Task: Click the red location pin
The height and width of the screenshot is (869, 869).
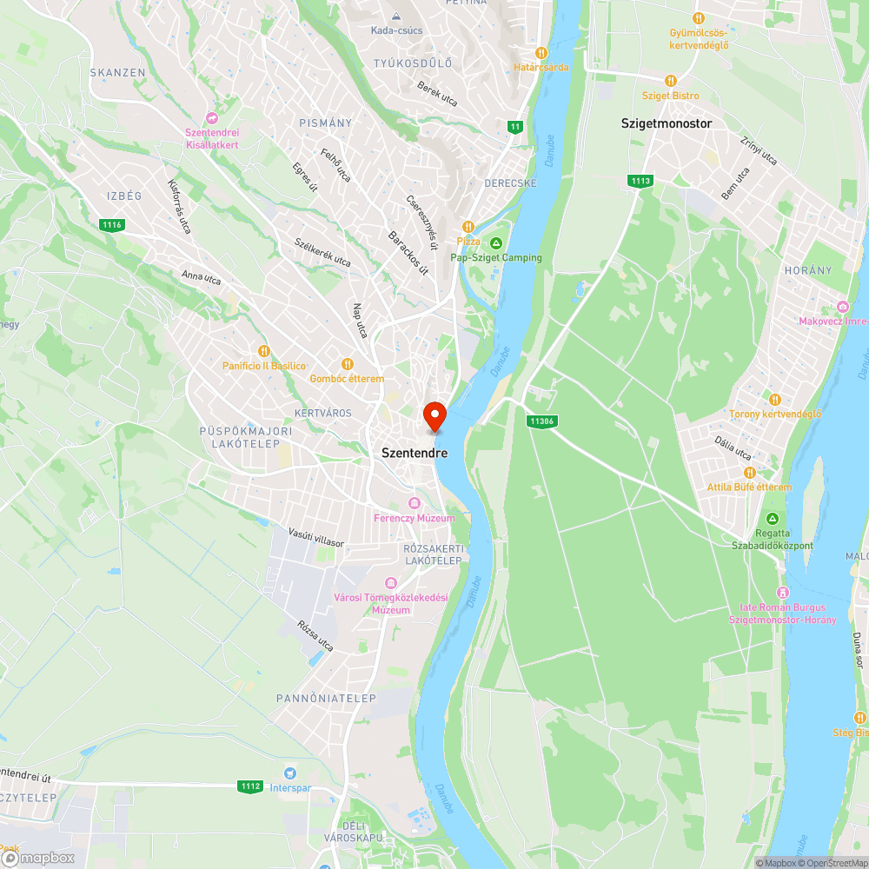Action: (x=434, y=416)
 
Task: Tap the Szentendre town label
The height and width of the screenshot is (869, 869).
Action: (x=415, y=453)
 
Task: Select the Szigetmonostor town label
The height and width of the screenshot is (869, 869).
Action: (x=667, y=123)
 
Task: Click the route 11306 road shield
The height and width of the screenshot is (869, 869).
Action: (x=541, y=421)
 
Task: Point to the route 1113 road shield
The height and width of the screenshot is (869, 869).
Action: (x=641, y=181)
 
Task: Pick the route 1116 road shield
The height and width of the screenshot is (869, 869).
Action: (x=112, y=225)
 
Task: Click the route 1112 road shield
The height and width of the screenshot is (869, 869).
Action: (x=250, y=786)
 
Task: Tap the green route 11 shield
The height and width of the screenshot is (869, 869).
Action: (x=516, y=127)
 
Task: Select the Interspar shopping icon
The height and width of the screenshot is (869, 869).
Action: (x=290, y=773)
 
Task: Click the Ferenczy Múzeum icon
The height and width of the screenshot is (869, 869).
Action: (x=415, y=503)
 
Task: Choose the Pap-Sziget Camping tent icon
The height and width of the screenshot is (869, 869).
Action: (x=496, y=242)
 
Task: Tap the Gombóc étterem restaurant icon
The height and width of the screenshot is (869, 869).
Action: (x=348, y=364)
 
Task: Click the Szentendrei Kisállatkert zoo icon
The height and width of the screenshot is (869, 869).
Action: (x=211, y=117)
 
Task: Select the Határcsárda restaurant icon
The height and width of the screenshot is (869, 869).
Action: (x=541, y=52)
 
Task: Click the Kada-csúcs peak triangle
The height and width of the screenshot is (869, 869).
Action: (x=396, y=17)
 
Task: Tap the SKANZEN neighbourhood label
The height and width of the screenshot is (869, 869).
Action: (x=117, y=72)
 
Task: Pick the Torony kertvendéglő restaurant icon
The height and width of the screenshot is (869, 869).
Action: (x=775, y=399)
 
